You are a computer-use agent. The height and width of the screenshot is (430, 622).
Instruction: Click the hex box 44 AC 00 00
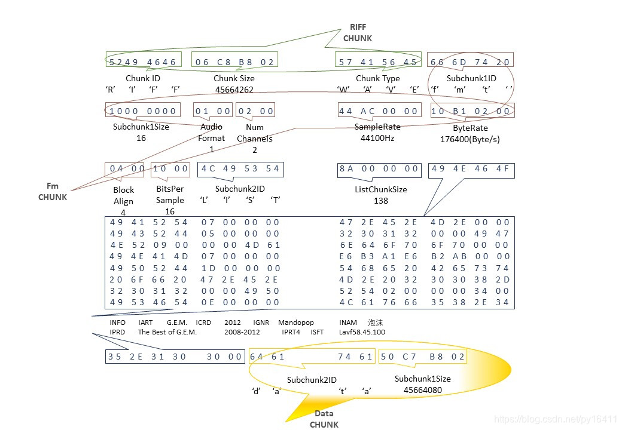[x=379, y=110]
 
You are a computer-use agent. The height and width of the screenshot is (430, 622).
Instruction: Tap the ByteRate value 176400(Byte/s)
[x=470, y=139]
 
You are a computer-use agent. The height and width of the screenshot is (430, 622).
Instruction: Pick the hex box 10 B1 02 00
[x=471, y=110]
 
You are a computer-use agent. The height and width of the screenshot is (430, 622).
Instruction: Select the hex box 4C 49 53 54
[x=240, y=169]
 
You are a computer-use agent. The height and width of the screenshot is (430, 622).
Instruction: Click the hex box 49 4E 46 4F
[x=471, y=169]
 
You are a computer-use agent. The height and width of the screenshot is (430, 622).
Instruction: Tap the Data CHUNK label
[x=324, y=419]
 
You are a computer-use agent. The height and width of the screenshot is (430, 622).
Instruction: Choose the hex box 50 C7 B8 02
[x=422, y=357]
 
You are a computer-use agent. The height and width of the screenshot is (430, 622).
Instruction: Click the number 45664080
[x=423, y=390]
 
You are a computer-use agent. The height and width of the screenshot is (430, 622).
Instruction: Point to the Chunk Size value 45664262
[x=234, y=90]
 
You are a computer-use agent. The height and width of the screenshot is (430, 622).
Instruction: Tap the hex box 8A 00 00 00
[x=379, y=169]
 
